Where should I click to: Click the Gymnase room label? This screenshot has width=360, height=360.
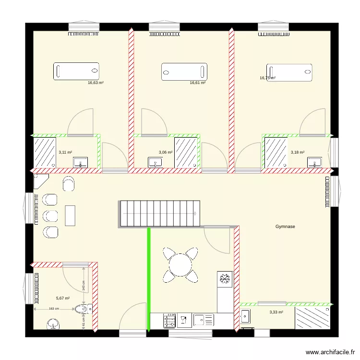285,226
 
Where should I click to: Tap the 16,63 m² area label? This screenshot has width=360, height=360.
96,83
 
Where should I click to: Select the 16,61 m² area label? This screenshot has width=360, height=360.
198,83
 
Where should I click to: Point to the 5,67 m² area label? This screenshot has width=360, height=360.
63,298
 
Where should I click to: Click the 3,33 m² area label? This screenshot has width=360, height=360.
276,312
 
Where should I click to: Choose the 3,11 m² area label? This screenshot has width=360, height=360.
65,153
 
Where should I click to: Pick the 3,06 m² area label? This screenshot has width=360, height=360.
165,153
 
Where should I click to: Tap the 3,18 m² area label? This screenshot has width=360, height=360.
298,153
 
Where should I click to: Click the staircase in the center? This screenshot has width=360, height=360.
159,213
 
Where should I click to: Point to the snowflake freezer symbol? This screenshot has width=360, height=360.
225,279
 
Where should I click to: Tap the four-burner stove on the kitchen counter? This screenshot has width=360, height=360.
170,320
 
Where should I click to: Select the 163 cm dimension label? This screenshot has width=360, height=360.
54,309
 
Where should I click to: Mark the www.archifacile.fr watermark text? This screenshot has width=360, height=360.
330,352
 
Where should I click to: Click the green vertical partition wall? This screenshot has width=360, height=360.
149,278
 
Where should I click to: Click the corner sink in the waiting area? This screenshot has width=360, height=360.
40,181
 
